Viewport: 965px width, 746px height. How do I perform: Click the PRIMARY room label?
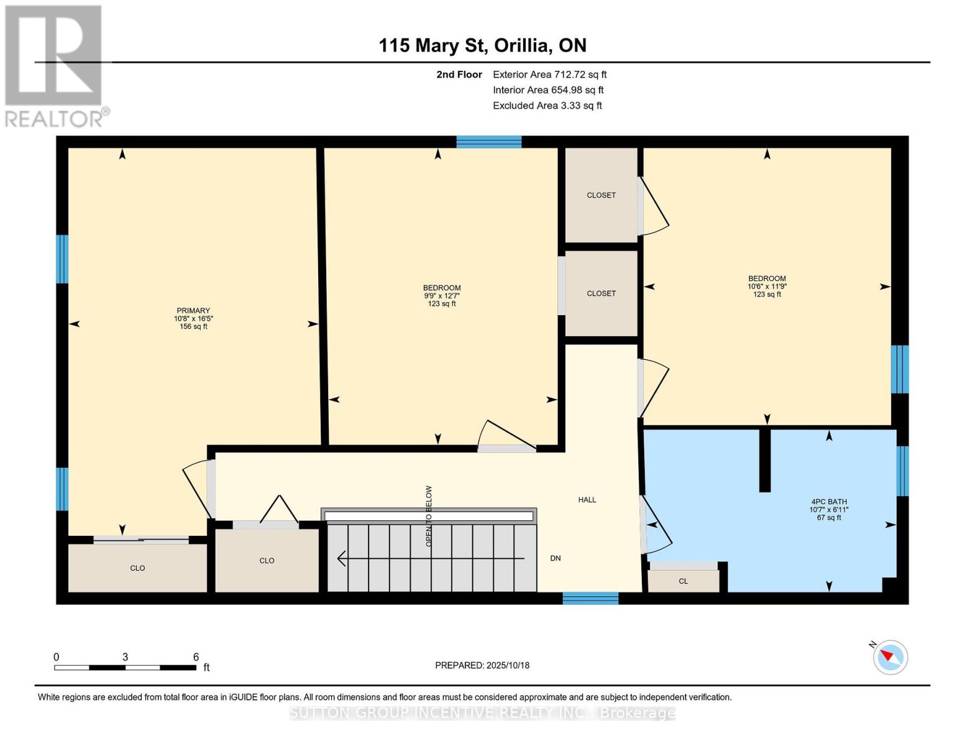tap(193, 310)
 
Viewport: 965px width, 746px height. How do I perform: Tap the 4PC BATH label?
tap(829, 502)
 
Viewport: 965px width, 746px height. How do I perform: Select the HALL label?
tap(587, 499)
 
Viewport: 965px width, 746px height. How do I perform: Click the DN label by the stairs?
tap(556, 558)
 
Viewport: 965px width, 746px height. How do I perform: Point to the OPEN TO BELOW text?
tap(428, 516)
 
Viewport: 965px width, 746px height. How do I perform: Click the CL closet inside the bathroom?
tap(683, 581)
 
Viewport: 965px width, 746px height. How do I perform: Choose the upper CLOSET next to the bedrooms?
tap(601, 195)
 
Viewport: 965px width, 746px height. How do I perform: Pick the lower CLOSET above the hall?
tap(601, 293)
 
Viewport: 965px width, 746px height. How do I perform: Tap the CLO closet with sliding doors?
tap(137, 568)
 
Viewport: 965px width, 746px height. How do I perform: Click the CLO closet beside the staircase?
tap(267, 561)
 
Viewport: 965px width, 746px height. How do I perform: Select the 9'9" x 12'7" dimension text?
tap(442, 296)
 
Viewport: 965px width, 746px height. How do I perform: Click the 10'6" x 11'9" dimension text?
tap(767, 287)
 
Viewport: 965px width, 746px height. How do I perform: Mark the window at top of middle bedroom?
tap(489, 142)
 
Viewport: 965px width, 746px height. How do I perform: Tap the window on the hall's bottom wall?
tap(590, 598)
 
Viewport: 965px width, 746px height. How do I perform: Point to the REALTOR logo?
tap(54, 65)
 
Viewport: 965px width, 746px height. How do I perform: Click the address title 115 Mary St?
tap(482, 45)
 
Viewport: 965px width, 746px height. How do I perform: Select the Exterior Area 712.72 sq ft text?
tap(549, 75)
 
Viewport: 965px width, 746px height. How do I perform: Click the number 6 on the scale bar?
tap(196, 657)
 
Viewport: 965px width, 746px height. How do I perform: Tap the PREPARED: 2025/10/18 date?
tap(482, 665)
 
